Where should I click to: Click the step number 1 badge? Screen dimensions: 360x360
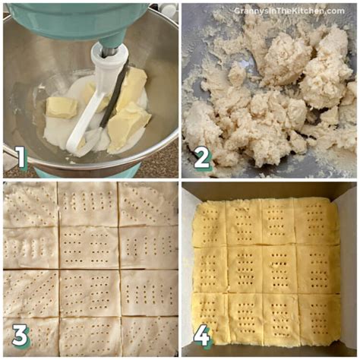19,158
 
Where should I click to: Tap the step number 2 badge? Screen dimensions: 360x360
202,157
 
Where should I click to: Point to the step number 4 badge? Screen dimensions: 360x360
201,334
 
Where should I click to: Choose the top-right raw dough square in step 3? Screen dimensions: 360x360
149,203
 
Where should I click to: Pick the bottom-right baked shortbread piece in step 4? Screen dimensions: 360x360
318,317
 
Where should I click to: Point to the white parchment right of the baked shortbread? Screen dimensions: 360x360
348,266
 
